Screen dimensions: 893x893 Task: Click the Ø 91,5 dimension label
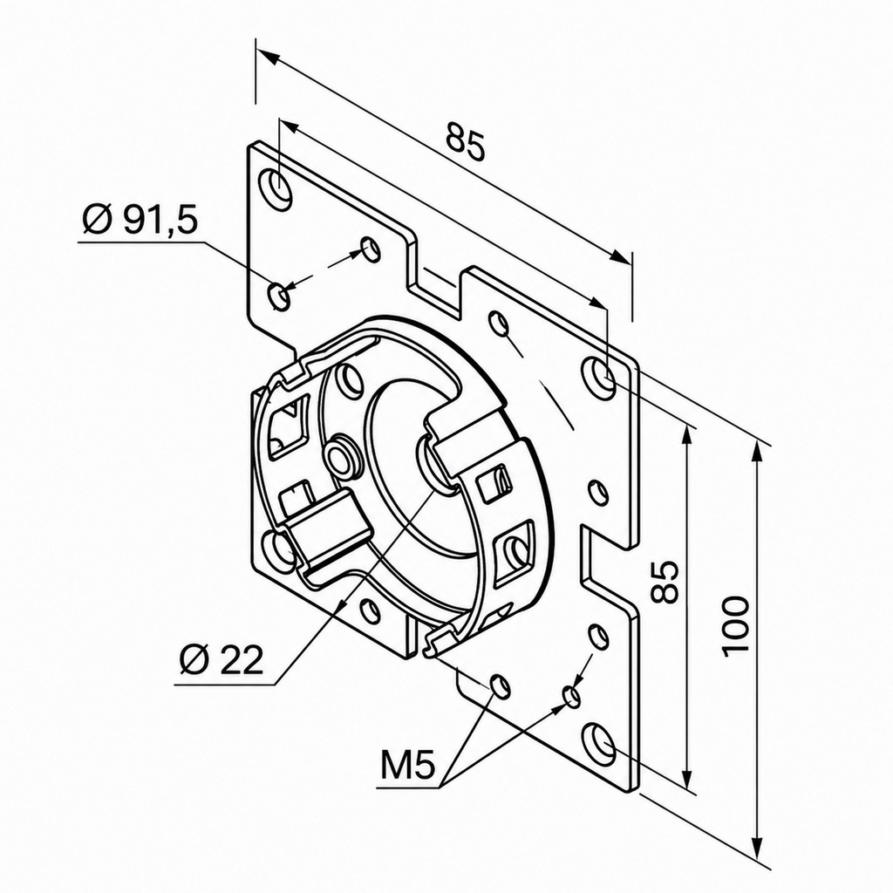coord(140,220)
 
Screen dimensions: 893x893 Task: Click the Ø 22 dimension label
coord(221,660)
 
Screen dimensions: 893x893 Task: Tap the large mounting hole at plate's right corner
coord(599,377)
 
